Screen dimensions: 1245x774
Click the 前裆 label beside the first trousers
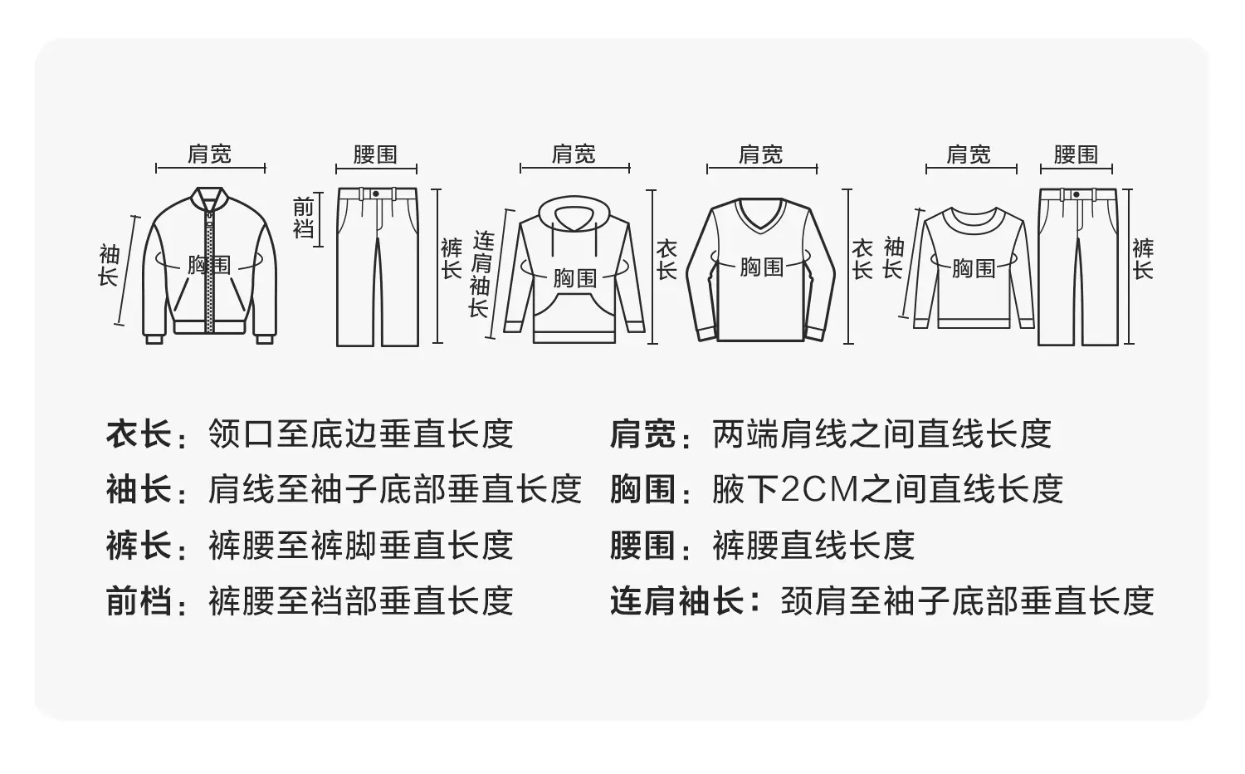coord(304,218)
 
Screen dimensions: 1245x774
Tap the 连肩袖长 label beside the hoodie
coord(481,275)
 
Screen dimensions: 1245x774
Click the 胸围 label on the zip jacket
coord(209,265)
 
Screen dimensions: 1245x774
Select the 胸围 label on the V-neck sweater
coord(761,267)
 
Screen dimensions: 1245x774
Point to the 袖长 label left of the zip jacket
coord(110,265)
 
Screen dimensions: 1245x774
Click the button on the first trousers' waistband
coord(376,193)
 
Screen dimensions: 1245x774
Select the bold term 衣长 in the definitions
coord(139,434)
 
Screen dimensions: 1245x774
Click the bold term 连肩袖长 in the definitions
coord(677,601)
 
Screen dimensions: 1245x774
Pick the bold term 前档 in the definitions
coord(139,601)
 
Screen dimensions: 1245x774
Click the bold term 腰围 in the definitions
coord(643,546)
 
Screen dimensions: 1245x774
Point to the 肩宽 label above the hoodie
coord(574,154)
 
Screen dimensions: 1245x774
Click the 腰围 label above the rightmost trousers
coord(1076,154)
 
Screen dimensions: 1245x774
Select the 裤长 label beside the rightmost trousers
coord(1143,259)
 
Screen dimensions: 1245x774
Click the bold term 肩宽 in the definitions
coord(643,434)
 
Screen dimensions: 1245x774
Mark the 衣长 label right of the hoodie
coord(666,260)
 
